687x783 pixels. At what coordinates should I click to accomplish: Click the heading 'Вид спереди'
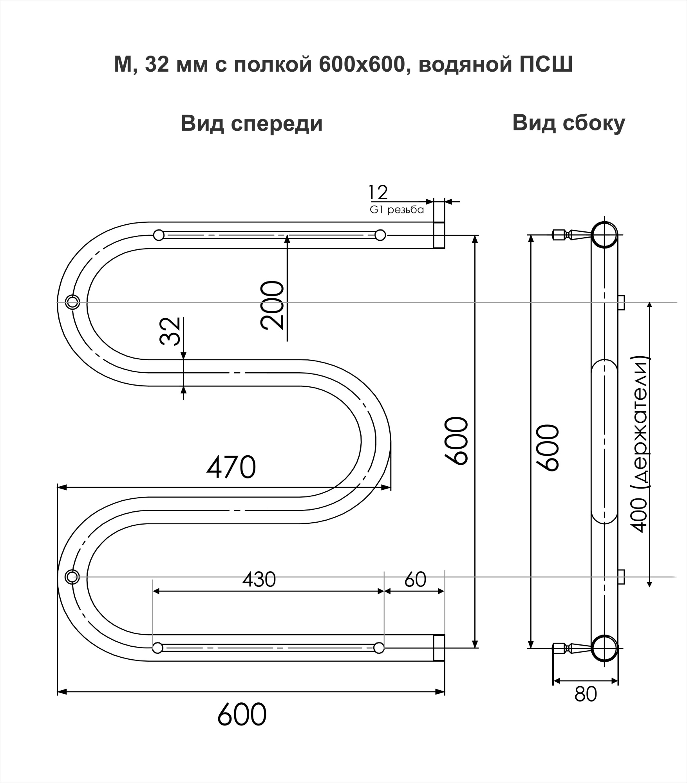coord(251,124)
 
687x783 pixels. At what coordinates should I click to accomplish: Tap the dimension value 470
coord(231,467)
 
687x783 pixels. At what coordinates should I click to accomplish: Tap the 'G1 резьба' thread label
coord(397,210)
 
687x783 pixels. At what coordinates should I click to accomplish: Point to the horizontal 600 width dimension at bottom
coord(242,714)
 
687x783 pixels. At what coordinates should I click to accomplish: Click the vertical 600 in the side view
coord(548,447)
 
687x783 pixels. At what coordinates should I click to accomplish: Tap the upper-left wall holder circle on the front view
coord(72,302)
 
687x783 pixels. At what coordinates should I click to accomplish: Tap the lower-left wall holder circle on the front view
coord(72,577)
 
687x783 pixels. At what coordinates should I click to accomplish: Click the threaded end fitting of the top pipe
coord(439,235)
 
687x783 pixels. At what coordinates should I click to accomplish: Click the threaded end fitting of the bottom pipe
coord(439,648)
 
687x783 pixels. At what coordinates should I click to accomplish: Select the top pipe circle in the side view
coord(604,235)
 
